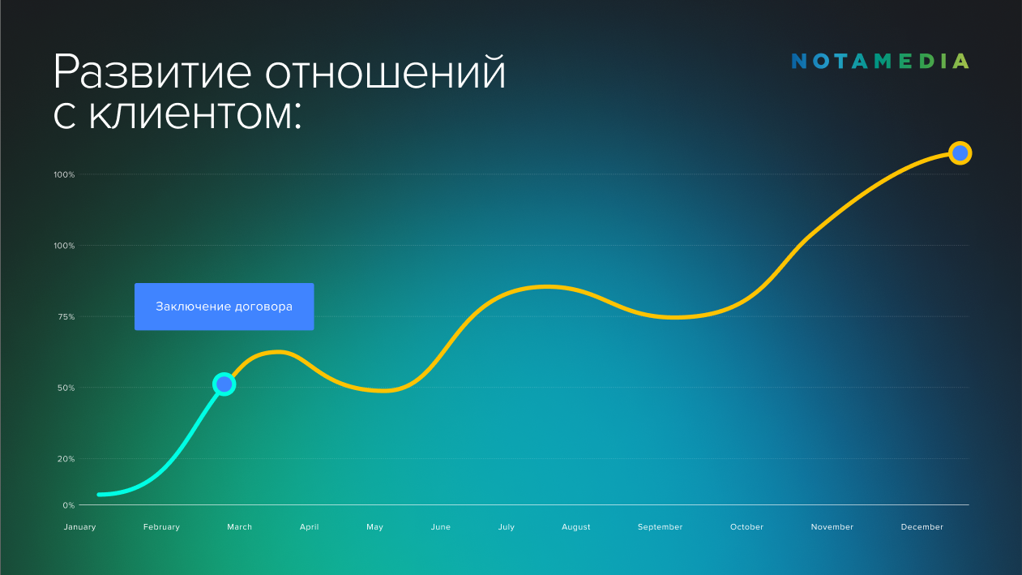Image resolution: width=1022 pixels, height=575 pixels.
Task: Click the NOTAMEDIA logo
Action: pyautogui.click(x=880, y=61)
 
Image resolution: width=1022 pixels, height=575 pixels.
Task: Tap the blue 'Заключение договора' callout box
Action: pyautogui.click(x=224, y=307)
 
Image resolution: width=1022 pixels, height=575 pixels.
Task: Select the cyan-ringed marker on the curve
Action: pyautogui.click(x=224, y=384)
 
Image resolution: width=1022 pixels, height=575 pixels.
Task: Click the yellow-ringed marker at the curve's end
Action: pyautogui.click(x=960, y=153)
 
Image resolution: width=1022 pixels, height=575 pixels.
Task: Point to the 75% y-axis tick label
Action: pyautogui.click(x=66, y=316)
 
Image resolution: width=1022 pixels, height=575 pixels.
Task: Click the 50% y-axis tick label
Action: pyautogui.click(x=66, y=388)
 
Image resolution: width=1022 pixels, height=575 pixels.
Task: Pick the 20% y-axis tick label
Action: pyautogui.click(x=66, y=459)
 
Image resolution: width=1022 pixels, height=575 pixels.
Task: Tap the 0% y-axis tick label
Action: pyautogui.click(x=69, y=505)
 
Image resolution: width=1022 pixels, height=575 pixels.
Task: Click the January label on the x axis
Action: pyautogui.click(x=80, y=527)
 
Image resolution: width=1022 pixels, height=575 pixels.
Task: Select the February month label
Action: pyautogui.click(x=161, y=527)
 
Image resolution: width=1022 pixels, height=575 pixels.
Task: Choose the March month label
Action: pyautogui.click(x=240, y=527)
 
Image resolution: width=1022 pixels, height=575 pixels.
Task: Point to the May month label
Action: pyautogui.click(x=374, y=527)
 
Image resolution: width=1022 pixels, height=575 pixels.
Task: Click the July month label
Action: pyautogui.click(x=507, y=527)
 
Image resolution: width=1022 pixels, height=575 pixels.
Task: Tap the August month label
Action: pyautogui.click(x=575, y=527)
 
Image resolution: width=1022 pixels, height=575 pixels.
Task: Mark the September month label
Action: pyautogui.click(x=661, y=527)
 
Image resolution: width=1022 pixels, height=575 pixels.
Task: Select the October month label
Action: pyautogui.click(x=747, y=527)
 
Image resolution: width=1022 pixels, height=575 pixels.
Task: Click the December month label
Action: pyautogui.click(x=922, y=527)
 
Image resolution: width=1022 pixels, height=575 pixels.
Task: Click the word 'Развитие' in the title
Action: pyautogui.click(x=152, y=73)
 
